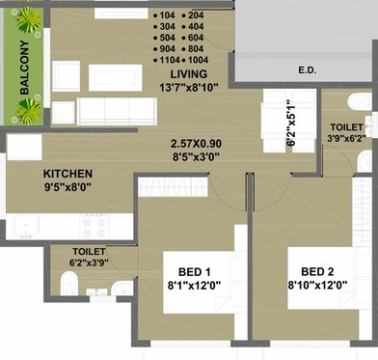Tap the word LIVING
[189, 74]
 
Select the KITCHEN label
[67, 175]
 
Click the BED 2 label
[316, 270]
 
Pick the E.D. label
[309, 69]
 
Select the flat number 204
[196, 16]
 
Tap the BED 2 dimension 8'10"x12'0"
[317, 286]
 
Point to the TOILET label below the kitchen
[88, 251]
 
